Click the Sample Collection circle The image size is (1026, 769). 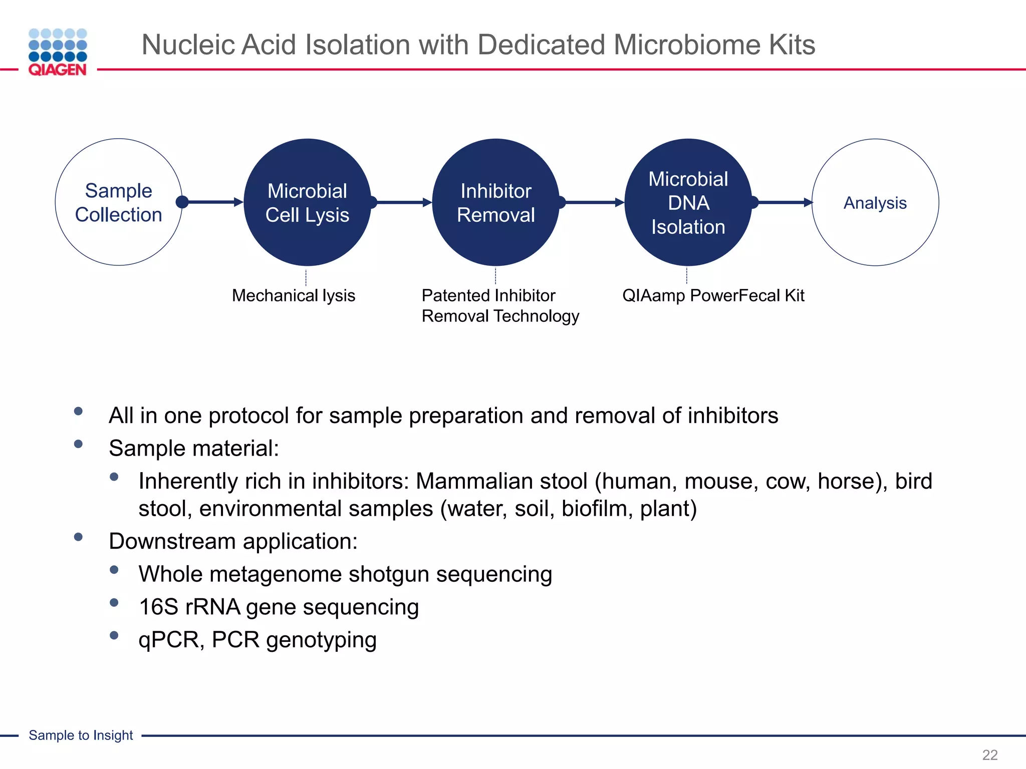point(119,202)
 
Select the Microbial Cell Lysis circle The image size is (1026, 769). point(307,202)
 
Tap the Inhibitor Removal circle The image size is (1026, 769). point(496,202)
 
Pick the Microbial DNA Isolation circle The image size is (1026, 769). point(688,202)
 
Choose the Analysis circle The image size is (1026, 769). point(875,202)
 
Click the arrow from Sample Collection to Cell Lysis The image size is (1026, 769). point(213,202)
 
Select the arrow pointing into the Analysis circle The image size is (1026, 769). point(784,202)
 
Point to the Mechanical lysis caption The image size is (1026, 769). point(294,295)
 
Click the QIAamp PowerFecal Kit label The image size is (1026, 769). point(713,295)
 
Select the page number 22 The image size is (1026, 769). point(989,754)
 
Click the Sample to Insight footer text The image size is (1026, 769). point(81,735)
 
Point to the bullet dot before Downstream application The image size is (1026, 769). point(78,537)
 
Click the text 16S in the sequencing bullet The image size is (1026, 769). point(158,607)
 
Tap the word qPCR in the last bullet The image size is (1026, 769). point(168,640)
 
